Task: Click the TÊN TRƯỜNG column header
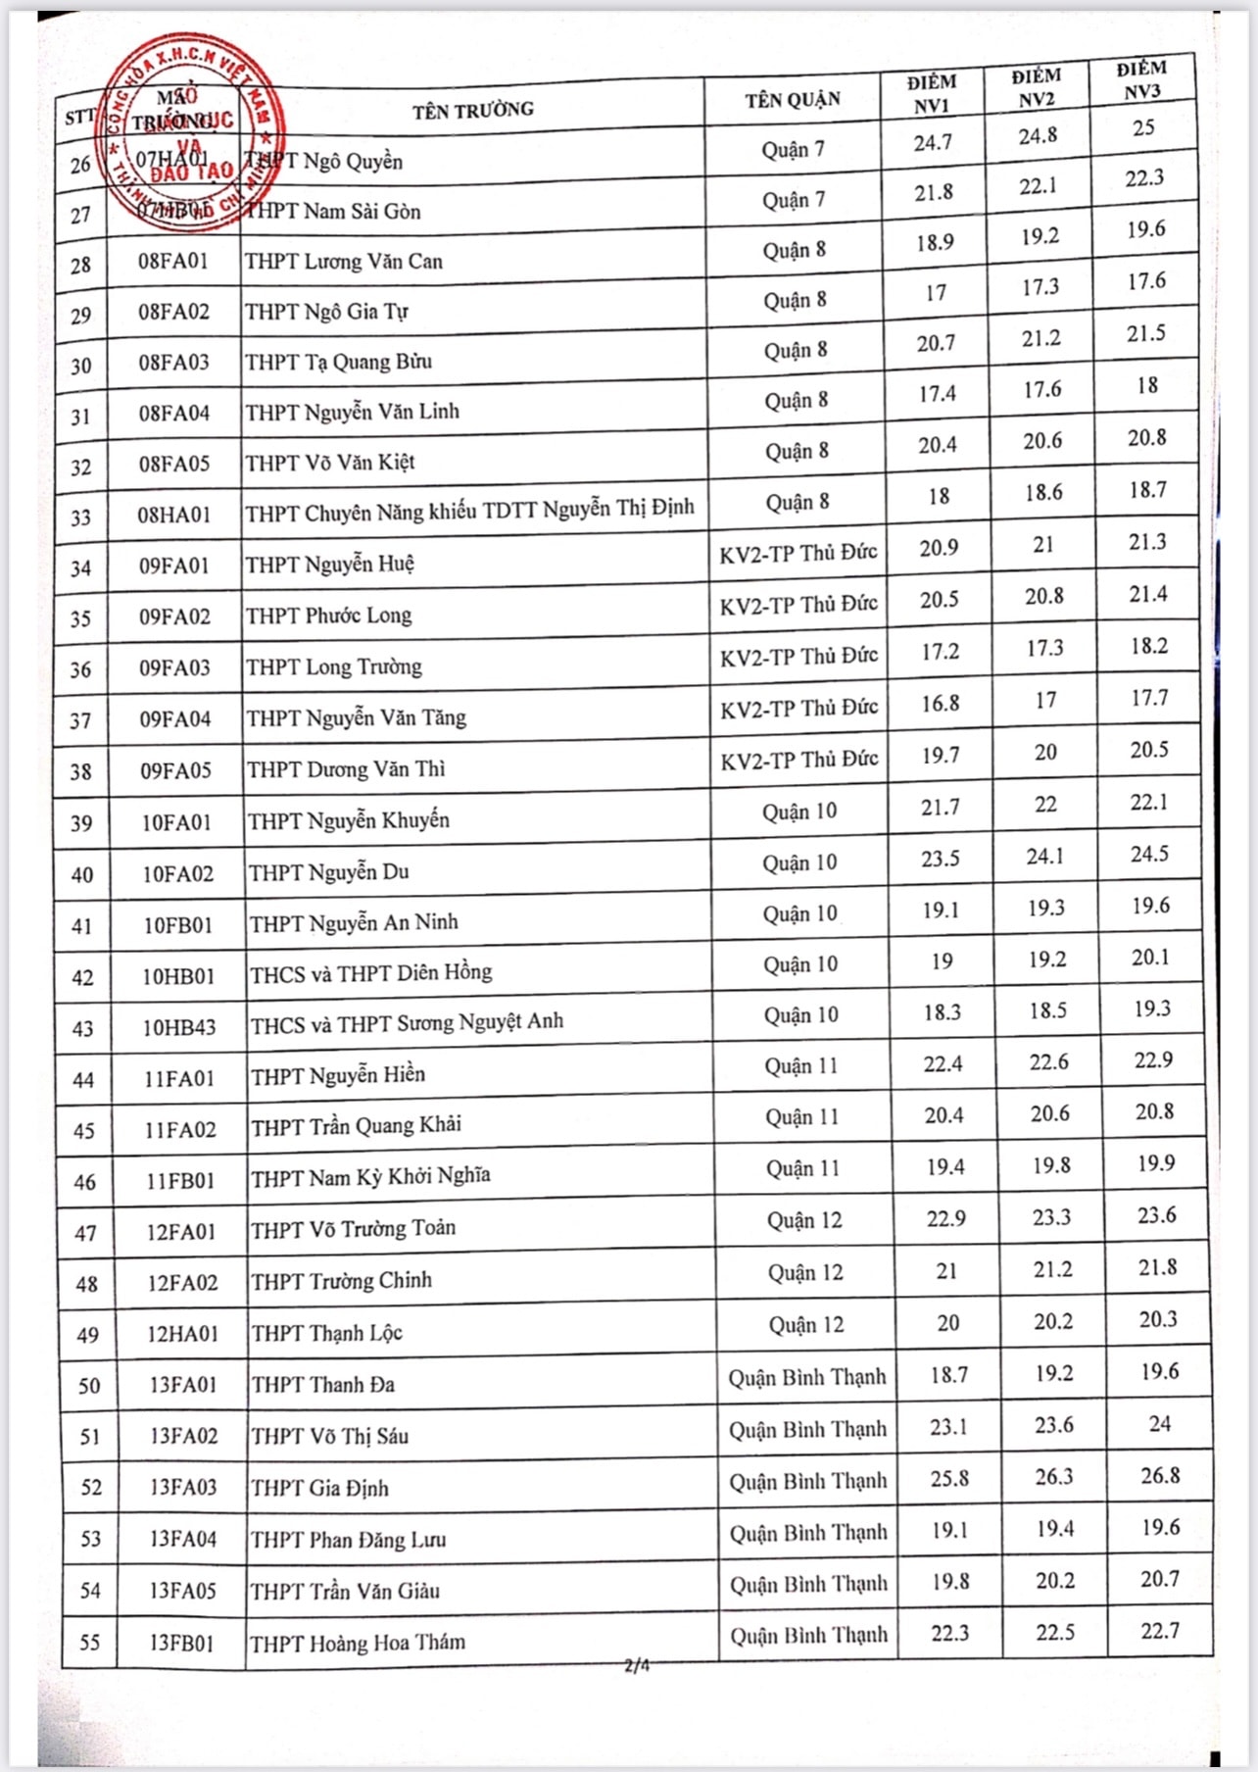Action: (472, 110)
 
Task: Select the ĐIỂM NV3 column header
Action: (1142, 79)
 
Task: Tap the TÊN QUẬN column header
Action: (792, 99)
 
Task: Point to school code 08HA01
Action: (174, 515)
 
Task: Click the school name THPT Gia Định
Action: (319, 1488)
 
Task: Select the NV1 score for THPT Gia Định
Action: (949, 1478)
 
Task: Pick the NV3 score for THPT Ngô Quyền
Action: (1143, 127)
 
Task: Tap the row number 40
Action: (82, 874)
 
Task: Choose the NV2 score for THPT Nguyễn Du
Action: (1045, 857)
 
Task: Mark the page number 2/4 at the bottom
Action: (637, 1664)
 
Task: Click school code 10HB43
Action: (178, 1027)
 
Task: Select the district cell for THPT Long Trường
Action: (798, 656)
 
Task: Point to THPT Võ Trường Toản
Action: (353, 1228)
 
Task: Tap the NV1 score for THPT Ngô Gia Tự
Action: (936, 293)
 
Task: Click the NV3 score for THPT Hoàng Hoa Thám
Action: (1160, 1631)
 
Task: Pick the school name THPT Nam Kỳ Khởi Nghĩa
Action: (370, 1176)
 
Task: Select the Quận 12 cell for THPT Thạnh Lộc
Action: (805, 1325)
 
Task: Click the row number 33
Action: (80, 517)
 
